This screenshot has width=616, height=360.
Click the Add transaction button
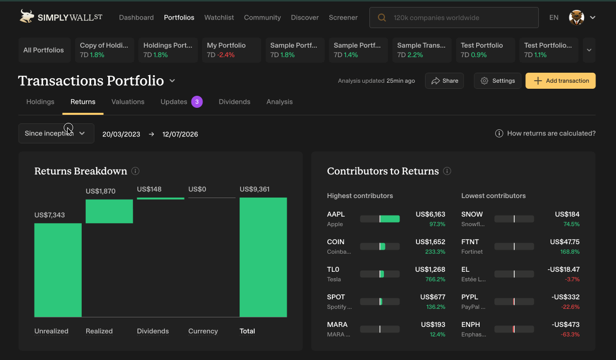click(560, 81)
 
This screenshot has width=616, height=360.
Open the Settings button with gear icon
click(498, 81)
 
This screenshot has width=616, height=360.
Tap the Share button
click(445, 81)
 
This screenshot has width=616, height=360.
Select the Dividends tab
click(234, 102)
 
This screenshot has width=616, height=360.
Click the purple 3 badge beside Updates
click(197, 102)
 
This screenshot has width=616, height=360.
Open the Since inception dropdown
click(56, 133)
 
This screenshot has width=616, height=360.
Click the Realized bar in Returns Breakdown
click(109, 211)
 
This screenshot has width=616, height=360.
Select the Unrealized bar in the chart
click(58, 270)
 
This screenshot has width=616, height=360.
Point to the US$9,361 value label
click(255, 189)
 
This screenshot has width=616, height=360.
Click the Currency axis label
click(203, 331)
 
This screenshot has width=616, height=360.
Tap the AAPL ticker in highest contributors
click(336, 214)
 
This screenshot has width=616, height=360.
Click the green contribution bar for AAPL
click(389, 219)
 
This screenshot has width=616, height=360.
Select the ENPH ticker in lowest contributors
click(471, 324)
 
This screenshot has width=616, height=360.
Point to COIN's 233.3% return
click(435, 252)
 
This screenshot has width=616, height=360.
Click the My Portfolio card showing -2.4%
click(232, 50)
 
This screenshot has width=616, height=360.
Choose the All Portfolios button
click(44, 50)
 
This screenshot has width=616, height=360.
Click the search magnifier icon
click(382, 18)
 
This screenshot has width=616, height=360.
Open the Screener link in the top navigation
click(343, 18)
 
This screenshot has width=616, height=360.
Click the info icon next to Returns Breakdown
click(135, 171)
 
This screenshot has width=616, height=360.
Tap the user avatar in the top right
click(576, 18)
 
